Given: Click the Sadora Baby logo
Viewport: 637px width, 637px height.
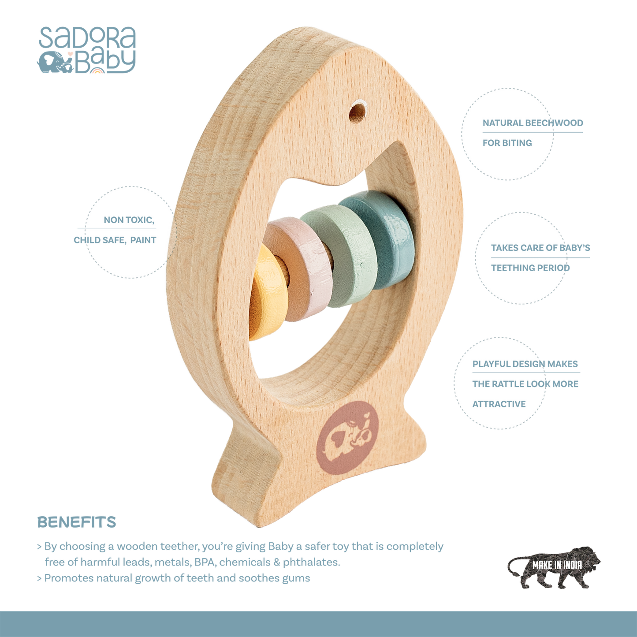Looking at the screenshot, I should click(87, 50).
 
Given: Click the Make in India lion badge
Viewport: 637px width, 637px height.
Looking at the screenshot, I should click(554, 567).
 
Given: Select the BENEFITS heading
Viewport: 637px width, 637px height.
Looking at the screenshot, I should click(76, 522).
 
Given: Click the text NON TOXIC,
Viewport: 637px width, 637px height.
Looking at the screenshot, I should click(129, 220).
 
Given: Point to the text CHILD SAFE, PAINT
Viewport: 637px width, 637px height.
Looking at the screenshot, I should click(115, 240).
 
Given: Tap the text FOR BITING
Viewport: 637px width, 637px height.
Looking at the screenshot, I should click(507, 143).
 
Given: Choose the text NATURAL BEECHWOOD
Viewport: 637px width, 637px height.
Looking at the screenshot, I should click(533, 123).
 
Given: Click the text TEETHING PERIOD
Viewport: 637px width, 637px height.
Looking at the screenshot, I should click(531, 268).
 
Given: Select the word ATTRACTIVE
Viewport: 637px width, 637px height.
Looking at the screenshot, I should click(499, 404).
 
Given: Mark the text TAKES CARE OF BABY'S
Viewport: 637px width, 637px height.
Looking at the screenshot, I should click(541, 248).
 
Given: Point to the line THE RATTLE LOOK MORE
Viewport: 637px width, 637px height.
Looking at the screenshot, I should click(525, 384).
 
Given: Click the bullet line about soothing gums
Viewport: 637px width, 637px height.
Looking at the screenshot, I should click(176, 578).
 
